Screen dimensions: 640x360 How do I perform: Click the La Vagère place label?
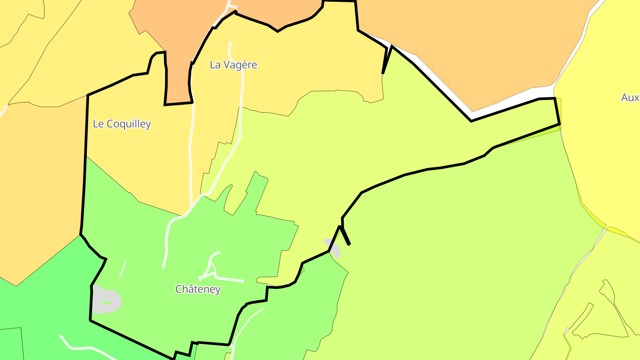click(233, 65)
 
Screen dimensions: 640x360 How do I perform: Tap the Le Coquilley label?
click(122, 124)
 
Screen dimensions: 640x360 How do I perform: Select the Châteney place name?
click(198, 289)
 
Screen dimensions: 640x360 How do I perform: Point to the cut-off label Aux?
click(630, 98)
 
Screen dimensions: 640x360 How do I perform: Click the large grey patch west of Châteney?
click(107, 300)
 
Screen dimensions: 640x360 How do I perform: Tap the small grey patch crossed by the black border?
click(333, 247)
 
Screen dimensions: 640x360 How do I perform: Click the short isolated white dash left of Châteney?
click(123, 270)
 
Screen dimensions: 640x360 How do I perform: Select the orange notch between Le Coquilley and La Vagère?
click(178, 80)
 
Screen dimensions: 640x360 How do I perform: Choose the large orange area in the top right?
click(480, 49)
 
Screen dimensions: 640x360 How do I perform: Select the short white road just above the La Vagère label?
click(231, 48)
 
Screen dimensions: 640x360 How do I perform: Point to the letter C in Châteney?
click(179, 289)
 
